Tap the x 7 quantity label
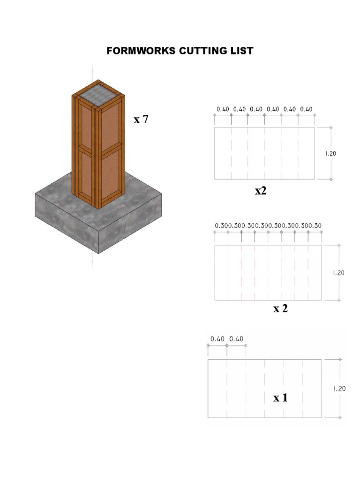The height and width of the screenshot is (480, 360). coord(141,120)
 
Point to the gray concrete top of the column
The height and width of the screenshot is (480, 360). coord(98,96)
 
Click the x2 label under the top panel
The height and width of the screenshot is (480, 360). coord(261,191)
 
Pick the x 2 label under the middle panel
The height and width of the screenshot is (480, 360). coord(280,308)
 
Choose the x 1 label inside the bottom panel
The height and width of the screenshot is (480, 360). coord(280,398)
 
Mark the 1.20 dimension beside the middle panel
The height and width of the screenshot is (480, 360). coord(338,273)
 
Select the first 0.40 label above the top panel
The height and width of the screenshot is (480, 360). coord(223,109)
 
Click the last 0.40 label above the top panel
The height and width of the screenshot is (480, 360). coord(306,109)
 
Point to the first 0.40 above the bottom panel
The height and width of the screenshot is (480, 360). coord(217,338)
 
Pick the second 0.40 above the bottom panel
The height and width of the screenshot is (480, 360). coord(237,338)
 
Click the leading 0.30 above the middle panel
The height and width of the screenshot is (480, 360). coord(220,226)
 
